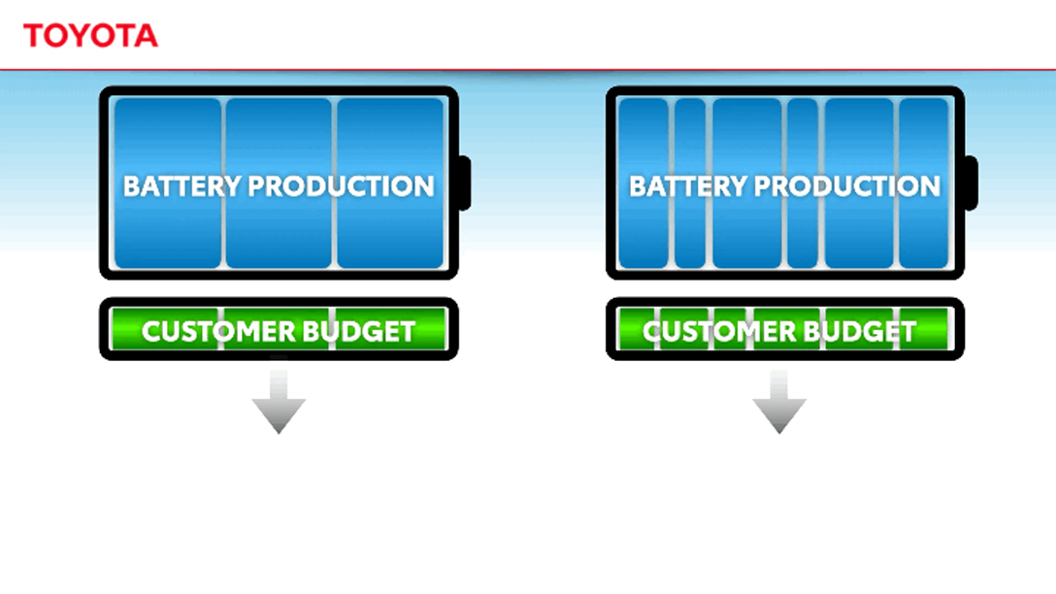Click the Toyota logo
pos(90,36)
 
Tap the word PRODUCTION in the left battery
pos(342,186)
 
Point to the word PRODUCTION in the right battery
pos(848,186)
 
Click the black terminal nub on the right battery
pos(971,182)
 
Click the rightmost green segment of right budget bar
pos(931,331)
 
